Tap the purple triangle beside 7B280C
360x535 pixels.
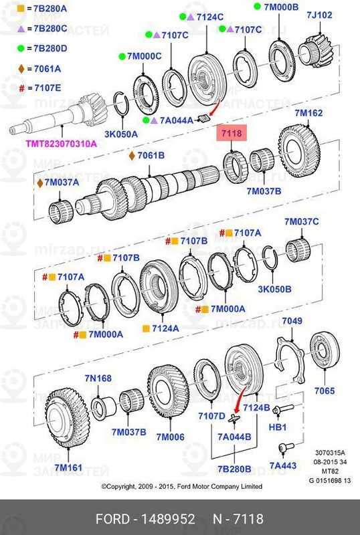click(20, 29)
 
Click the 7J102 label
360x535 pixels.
click(319, 15)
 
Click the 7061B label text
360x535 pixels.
click(151, 156)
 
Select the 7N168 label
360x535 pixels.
click(98, 379)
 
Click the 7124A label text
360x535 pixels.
click(165, 328)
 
